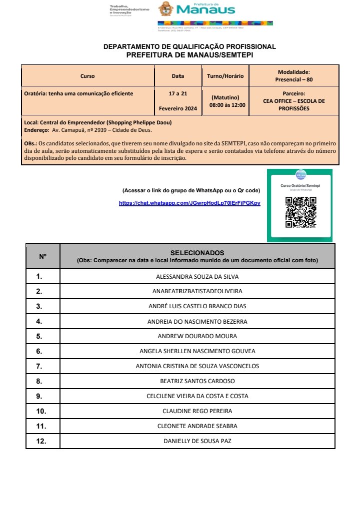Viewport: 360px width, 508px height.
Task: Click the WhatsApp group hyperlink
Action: pos(189,203)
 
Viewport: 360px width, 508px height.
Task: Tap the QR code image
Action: pos(300,212)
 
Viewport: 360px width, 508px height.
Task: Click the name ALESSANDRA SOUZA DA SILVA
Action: pos(197,276)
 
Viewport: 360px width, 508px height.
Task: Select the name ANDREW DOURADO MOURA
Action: pos(197,336)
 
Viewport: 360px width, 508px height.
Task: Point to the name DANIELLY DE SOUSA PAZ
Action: pos(197,441)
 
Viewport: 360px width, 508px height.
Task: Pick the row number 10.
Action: pos(41,411)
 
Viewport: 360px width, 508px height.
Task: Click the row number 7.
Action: pos(39,366)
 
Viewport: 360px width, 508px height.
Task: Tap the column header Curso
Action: pos(87,76)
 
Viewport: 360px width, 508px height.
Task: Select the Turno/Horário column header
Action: pos(225,76)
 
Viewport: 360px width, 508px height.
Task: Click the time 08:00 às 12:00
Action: pos(227,105)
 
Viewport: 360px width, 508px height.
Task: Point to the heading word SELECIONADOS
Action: pos(197,253)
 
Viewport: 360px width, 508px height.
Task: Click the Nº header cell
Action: pos(43,256)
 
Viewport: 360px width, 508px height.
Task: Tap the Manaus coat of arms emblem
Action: pos(166,9)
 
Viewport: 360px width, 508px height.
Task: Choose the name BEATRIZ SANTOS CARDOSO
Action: pos(197,381)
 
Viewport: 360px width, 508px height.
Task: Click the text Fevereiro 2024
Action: pos(178,108)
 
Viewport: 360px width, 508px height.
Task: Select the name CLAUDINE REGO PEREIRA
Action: pos(197,411)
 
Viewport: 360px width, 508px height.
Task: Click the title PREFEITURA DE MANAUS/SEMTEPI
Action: pos(189,55)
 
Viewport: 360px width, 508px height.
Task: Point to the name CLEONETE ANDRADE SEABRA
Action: pos(197,426)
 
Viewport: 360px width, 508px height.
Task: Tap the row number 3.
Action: pos(39,306)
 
